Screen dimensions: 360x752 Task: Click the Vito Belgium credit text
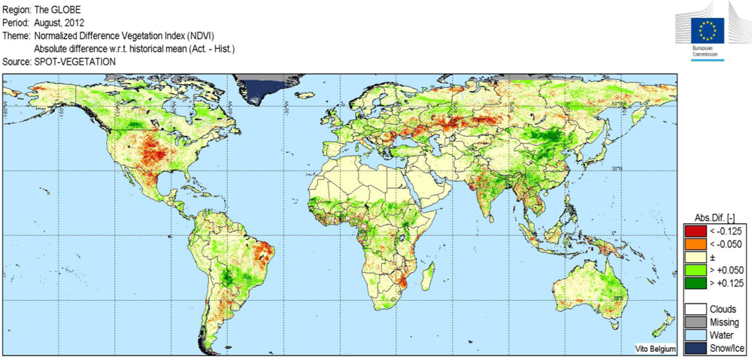click(650, 349)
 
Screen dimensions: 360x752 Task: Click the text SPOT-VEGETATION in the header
click(75, 62)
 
